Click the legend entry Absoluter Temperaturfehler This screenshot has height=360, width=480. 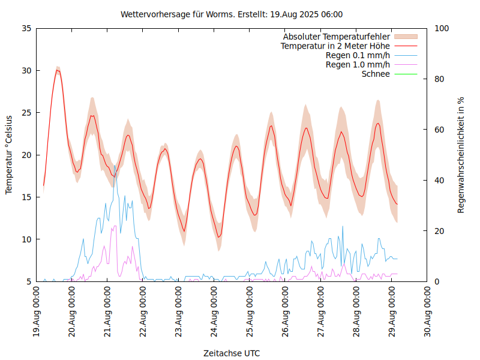click(x=337, y=36)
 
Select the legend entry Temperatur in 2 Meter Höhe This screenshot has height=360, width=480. click(x=335, y=46)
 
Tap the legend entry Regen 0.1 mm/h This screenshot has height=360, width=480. click(x=358, y=55)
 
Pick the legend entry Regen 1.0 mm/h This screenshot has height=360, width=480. click(x=358, y=65)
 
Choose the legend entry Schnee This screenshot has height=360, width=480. click(x=376, y=74)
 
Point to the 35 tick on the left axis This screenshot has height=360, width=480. click(x=26, y=28)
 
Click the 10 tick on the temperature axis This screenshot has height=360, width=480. click(x=26, y=239)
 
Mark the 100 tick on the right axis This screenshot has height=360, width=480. click(x=442, y=28)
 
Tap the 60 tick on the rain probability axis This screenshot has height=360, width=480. click(x=439, y=130)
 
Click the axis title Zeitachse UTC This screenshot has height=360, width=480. click(x=232, y=353)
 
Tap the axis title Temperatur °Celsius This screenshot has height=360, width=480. click(x=9, y=155)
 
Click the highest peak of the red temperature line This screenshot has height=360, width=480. click(x=58, y=70)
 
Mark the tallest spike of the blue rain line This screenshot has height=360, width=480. click(x=115, y=166)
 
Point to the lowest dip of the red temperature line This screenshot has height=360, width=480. click(x=219, y=237)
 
